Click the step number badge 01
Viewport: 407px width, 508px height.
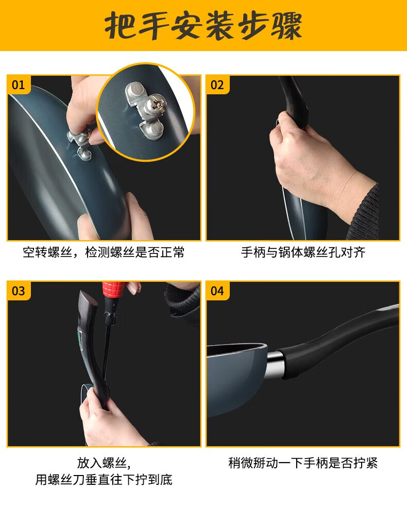pos(19,85)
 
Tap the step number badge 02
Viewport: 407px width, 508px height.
pos(217,85)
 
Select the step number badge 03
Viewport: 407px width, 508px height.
pos(19,291)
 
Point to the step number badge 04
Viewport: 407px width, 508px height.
pos(217,291)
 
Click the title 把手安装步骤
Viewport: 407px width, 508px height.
pos(203,26)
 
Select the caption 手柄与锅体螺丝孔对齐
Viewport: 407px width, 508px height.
pos(303,252)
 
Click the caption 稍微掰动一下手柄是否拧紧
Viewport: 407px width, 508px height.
pos(303,463)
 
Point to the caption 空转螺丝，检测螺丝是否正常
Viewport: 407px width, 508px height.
pos(104,252)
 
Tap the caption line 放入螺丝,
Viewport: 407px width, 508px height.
pos(104,463)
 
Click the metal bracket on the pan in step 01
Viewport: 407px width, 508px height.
pos(80,144)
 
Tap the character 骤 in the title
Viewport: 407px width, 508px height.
pos(287,26)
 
